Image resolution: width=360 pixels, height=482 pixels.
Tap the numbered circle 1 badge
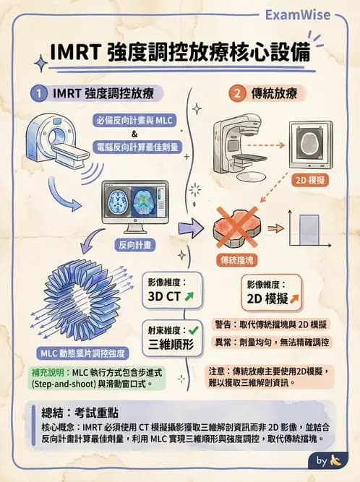click(x=38, y=93)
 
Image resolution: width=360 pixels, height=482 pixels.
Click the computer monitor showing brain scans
click(x=135, y=204)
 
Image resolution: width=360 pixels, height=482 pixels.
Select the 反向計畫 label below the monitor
click(x=136, y=245)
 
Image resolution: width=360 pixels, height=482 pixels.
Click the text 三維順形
click(x=171, y=344)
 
